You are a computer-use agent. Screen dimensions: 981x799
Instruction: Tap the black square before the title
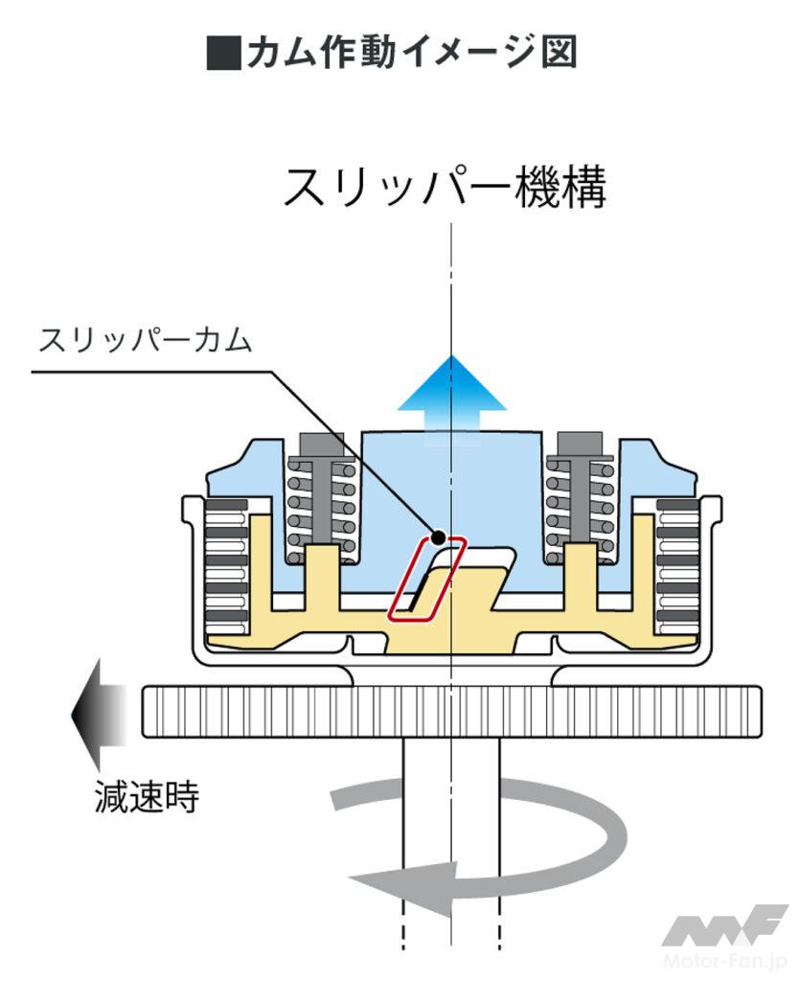[222, 54]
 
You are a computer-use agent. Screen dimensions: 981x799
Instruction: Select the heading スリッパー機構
[445, 189]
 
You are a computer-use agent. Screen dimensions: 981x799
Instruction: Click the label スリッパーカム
[145, 340]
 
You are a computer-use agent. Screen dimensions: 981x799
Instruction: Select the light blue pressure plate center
[450, 489]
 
